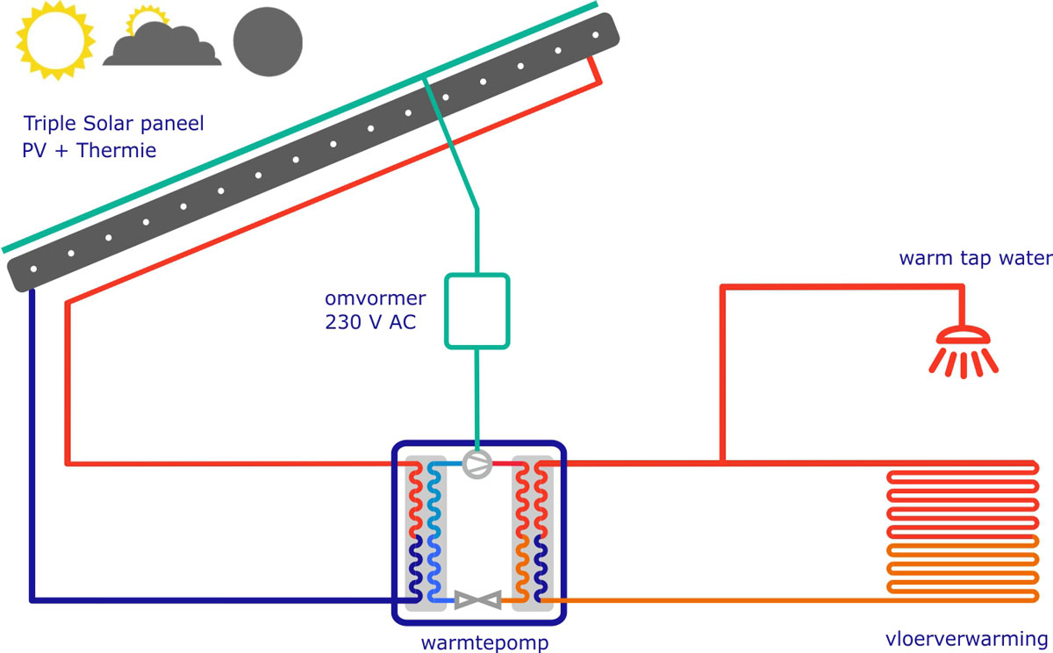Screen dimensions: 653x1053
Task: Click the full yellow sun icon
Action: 54,39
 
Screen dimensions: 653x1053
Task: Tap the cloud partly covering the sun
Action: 162,47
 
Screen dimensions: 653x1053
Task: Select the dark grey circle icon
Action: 267,41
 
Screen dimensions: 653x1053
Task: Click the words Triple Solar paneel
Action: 113,124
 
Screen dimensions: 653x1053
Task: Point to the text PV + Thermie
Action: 89,151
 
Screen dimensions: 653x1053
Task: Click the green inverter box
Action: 476,311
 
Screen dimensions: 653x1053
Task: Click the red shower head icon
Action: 963,350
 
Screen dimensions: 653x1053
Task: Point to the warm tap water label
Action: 974,259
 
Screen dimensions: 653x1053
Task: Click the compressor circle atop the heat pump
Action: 477,464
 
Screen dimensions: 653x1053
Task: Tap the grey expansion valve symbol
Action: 477,601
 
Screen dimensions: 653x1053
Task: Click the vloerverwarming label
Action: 965,638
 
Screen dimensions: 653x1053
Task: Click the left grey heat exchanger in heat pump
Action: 426,533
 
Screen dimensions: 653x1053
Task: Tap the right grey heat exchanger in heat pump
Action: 533,533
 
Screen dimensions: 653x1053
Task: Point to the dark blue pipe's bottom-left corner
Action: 32,600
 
